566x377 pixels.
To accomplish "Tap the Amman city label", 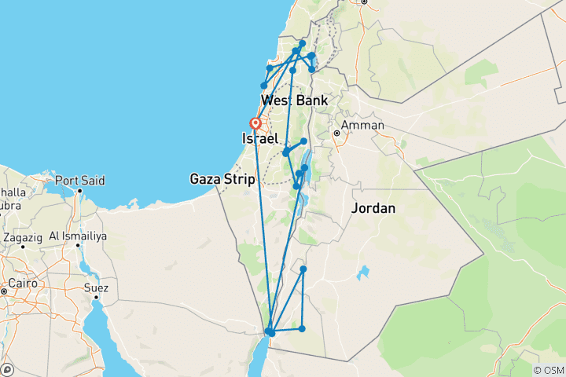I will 362,125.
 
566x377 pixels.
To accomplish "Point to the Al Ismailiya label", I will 75,236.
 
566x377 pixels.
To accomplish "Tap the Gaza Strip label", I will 222,180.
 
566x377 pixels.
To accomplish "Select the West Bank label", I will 295,101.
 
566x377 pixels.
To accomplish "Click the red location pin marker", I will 255,124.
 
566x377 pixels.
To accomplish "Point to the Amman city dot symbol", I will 336,134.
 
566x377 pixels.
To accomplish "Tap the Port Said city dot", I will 79,189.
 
